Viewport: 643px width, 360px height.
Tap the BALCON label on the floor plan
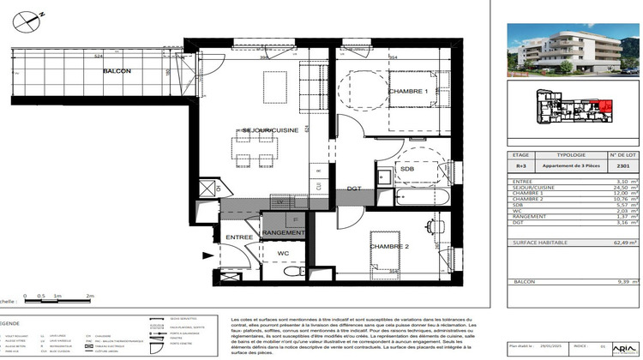pyautogui.click(x=117, y=71)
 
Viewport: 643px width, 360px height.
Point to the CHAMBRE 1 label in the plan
pyautogui.click(x=408, y=91)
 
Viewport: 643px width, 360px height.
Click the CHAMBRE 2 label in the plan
pyautogui.click(x=390, y=247)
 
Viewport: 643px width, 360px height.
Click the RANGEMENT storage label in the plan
pyautogui.click(x=284, y=233)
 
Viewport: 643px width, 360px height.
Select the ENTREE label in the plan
pyautogui.click(x=239, y=236)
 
